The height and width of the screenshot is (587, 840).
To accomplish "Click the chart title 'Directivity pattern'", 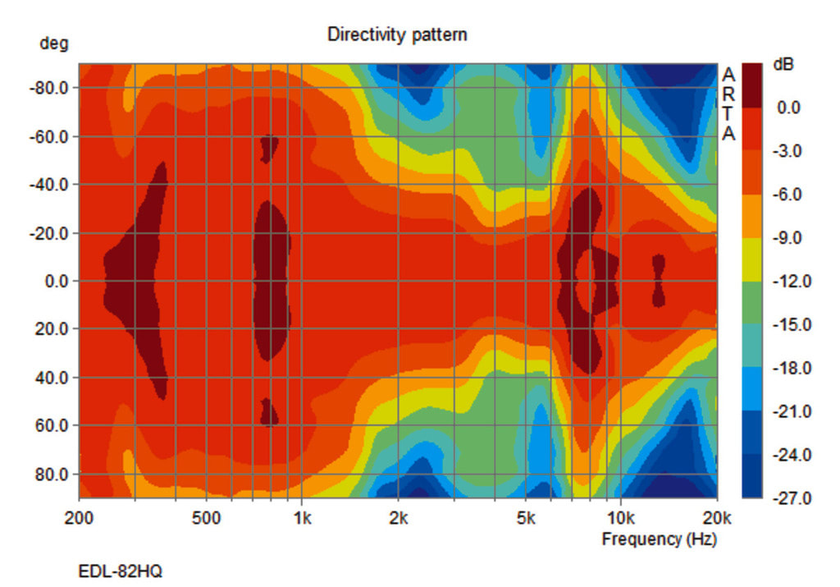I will pyautogui.click(x=397, y=34).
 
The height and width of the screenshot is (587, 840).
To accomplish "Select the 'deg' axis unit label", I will pyautogui.click(x=53, y=44).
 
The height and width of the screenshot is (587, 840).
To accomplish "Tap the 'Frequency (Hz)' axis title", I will pyautogui.click(x=659, y=539).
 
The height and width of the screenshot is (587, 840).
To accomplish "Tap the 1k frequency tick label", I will pyautogui.click(x=302, y=518).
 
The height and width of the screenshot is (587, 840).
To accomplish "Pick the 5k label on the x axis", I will pyautogui.click(x=526, y=518).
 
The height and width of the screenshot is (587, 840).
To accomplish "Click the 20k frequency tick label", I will pyautogui.click(x=717, y=518).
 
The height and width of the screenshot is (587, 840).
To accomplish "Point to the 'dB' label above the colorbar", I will pyautogui.click(x=784, y=65).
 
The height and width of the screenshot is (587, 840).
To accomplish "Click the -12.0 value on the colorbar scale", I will pyautogui.click(x=793, y=282).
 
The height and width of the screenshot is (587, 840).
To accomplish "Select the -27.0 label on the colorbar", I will pyautogui.click(x=793, y=498).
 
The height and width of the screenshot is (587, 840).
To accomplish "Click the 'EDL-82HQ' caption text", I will pyautogui.click(x=120, y=571).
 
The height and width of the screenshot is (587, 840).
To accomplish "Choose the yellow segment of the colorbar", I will pyautogui.click(x=751, y=259).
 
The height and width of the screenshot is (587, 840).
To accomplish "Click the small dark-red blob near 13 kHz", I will pyautogui.click(x=658, y=280).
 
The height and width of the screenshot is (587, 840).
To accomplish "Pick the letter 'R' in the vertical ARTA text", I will pyautogui.click(x=728, y=94).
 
